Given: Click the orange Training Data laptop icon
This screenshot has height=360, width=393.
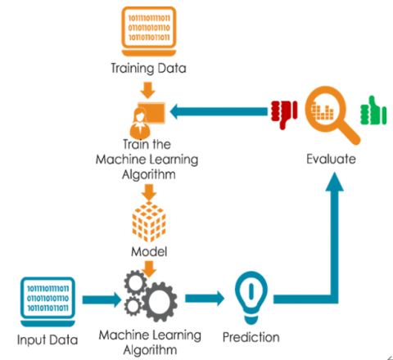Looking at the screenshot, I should click(x=147, y=32).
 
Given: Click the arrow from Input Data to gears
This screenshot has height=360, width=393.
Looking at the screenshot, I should click(x=98, y=301).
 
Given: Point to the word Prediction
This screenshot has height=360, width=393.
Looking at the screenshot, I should click(x=251, y=336).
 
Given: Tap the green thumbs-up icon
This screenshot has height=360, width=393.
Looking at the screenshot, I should click(x=376, y=110).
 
